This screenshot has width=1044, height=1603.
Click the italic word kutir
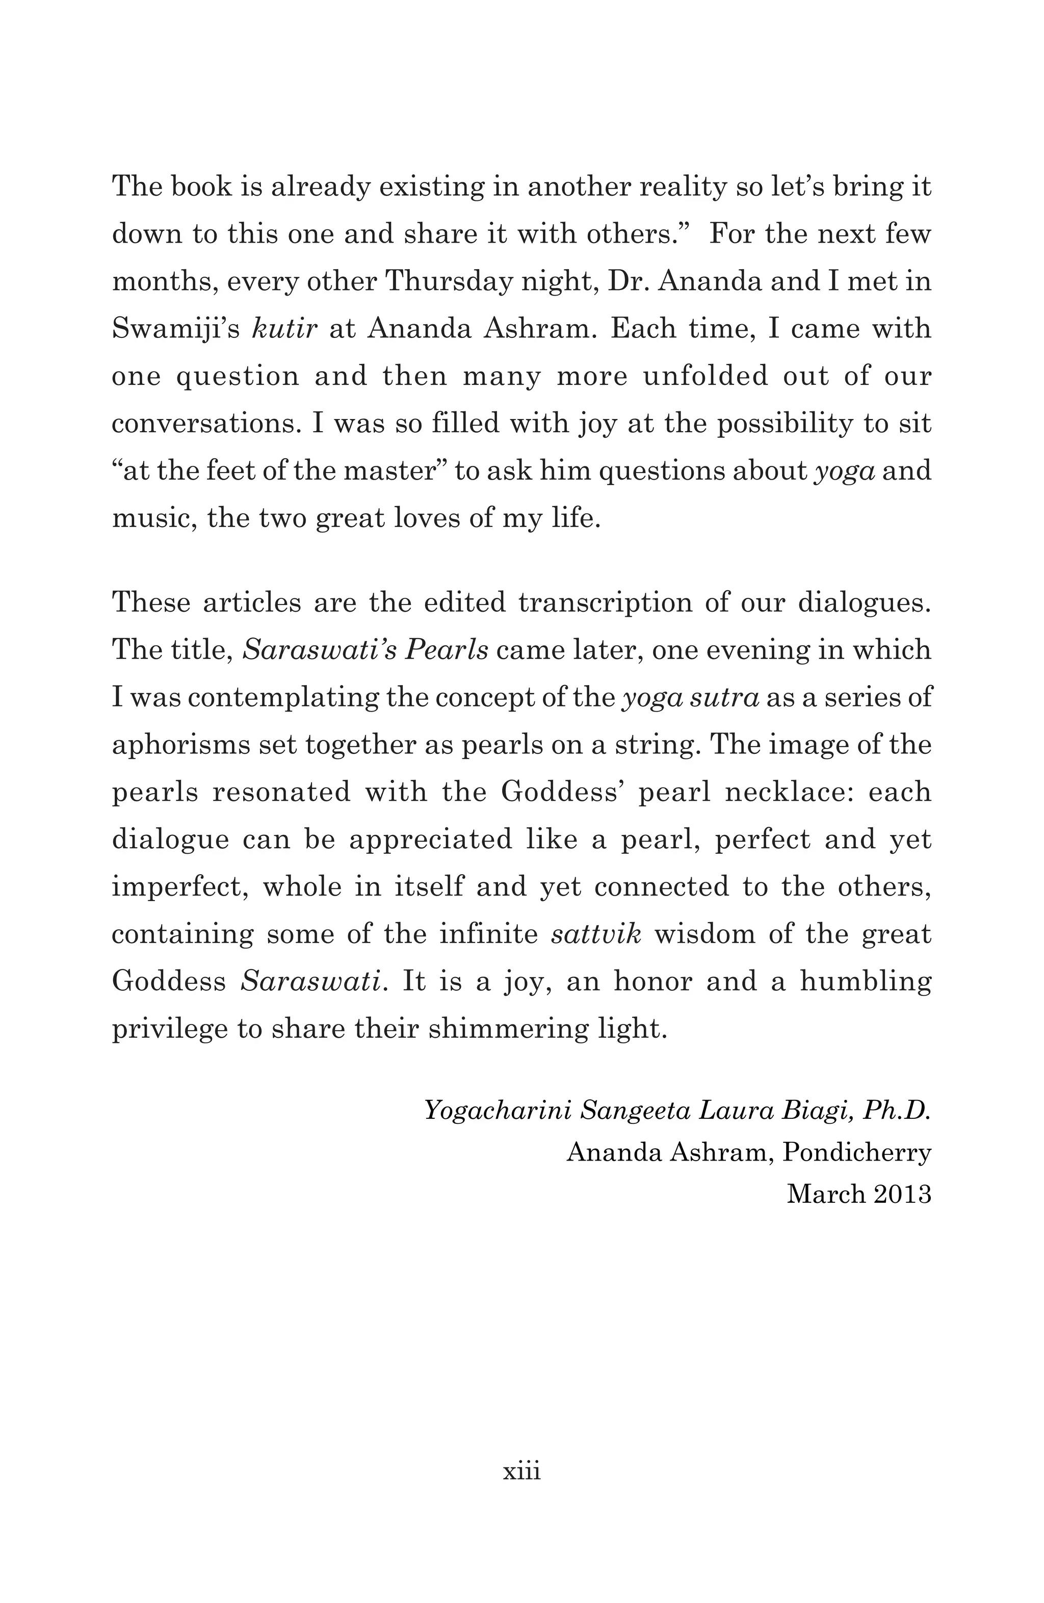(x=284, y=329)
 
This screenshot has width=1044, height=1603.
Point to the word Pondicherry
(x=857, y=1152)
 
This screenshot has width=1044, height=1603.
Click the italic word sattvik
(x=596, y=934)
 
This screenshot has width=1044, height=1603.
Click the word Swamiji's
(x=176, y=329)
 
